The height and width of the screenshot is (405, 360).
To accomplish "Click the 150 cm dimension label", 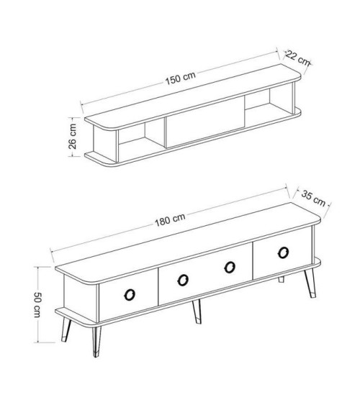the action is (x=181, y=78).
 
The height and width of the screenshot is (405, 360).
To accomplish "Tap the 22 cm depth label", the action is (x=298, y=58).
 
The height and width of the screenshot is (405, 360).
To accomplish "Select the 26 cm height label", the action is (x=73, y=137).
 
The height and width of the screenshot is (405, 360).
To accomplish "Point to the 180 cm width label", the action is (x=170, y=219).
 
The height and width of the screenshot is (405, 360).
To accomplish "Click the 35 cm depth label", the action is (x=313, y=199).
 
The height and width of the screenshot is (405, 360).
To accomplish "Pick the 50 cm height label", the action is (x=37, y=305).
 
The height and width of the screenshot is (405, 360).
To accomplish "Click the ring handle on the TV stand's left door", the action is (x=130, y=295).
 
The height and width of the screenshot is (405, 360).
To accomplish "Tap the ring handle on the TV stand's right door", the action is (x=283, y=252).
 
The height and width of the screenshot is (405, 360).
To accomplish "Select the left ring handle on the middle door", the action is (x=183, y=280).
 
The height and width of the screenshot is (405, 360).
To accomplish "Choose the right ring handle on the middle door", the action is (x=230, y=267).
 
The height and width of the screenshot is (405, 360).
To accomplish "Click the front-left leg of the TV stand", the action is (x=96, y=342).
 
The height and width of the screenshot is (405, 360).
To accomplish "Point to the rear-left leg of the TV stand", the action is (x=66, y=329).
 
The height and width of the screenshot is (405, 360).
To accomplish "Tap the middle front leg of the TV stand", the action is (x=196, y=311).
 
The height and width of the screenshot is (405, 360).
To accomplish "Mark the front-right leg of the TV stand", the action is (x=310, y=283).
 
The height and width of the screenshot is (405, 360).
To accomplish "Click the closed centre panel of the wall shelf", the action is (x=205, y=122).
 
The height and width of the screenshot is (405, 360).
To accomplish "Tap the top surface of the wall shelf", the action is (x=193, y=96).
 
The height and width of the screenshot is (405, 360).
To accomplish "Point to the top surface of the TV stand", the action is (x=188, y=243).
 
